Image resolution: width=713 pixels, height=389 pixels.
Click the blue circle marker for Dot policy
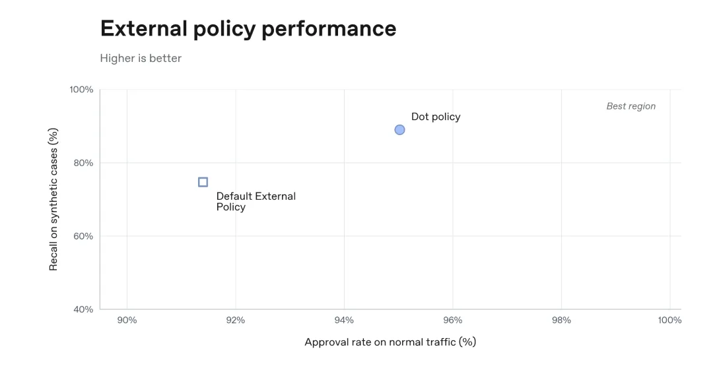click(399, 130)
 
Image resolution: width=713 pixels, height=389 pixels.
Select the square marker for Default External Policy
click(203, 182)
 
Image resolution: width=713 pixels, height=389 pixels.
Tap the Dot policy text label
click(436, 117)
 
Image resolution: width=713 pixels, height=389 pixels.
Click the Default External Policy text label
click(256, 202)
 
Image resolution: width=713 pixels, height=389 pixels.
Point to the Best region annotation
click(631, 106)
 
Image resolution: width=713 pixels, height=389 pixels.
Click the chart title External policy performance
click(248, 28)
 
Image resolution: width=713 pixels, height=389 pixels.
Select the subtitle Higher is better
click(141, 58)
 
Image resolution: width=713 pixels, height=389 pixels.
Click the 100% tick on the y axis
click(81, 90)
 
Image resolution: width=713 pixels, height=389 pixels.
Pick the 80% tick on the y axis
click(83, 163)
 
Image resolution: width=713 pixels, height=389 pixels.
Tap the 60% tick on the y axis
click(83, 236)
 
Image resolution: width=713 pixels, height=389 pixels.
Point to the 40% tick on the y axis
click(83, 309)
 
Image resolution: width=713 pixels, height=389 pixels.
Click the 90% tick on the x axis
click(127, 320)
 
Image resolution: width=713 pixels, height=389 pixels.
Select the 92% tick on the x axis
click(236, 320)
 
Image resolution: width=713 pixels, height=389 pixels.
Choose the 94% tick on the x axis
click(344, 320)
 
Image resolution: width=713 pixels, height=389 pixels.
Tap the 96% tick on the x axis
click(453, 320)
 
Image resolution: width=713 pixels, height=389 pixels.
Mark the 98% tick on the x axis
click(562, 320)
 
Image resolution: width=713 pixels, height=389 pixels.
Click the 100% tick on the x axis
click(670, 320)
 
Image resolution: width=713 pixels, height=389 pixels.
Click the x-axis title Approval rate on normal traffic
click(390, 342)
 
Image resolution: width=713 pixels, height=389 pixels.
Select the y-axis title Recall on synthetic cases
click(53, 199)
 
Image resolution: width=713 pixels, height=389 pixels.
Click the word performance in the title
click(329, 29)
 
